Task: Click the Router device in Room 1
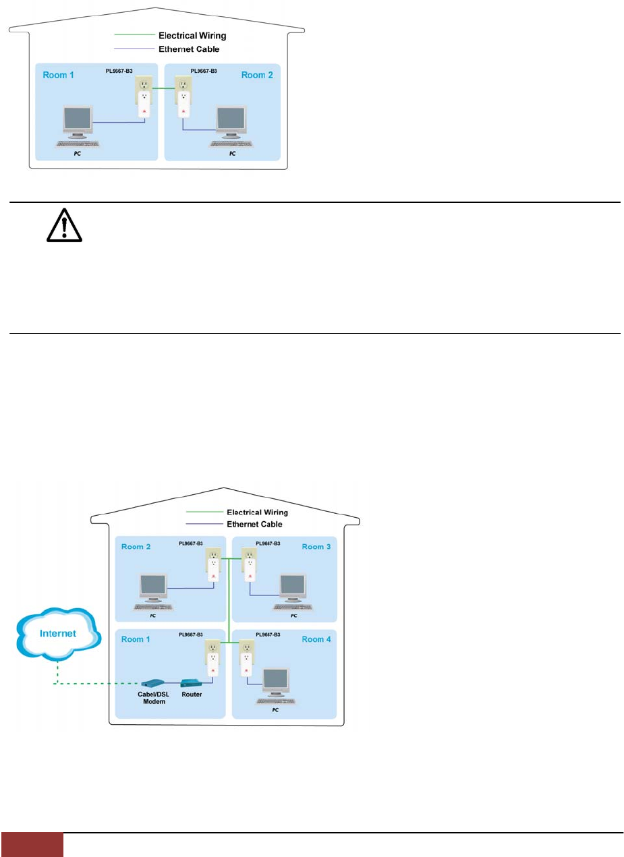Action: (x=191, y=682)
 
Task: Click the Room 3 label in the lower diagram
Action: (x=316, y=546)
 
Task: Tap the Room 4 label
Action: (x=316, y=639)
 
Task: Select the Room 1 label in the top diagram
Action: (x=59, y=75)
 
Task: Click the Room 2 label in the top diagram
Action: (x=257, y=75)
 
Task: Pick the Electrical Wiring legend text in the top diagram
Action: (x=191, y=35)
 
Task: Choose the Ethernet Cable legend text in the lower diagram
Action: (x=254, y=524)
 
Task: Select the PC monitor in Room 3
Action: (x=293, y=587)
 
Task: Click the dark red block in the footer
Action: (x=32, y=845)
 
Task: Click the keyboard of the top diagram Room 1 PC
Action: (x=76, y=144)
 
